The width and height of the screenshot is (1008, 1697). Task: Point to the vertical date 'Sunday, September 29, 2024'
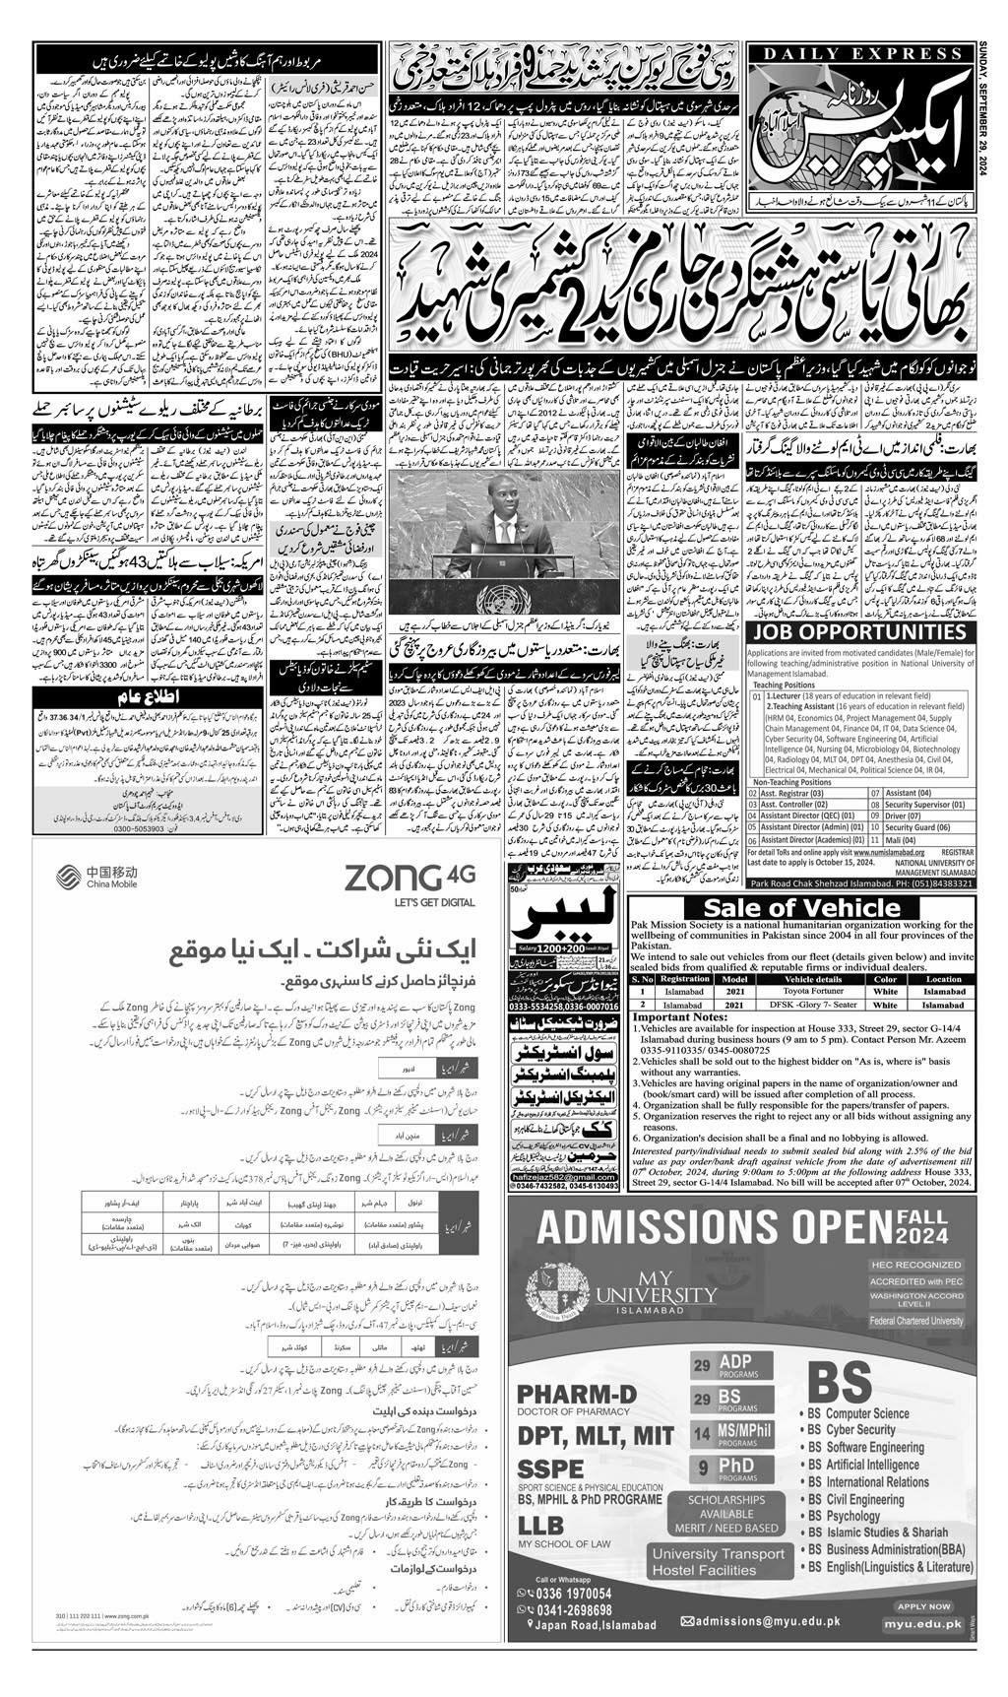pos(992,109)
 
